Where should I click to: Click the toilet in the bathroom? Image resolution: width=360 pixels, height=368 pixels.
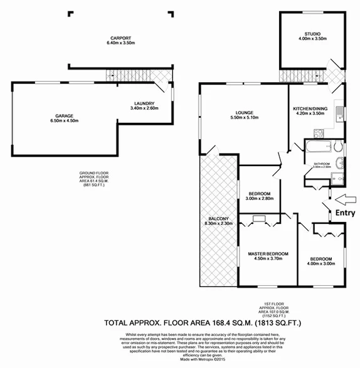(x=337, y=149)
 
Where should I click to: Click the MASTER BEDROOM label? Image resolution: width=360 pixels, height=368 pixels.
(x=268, y=254)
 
